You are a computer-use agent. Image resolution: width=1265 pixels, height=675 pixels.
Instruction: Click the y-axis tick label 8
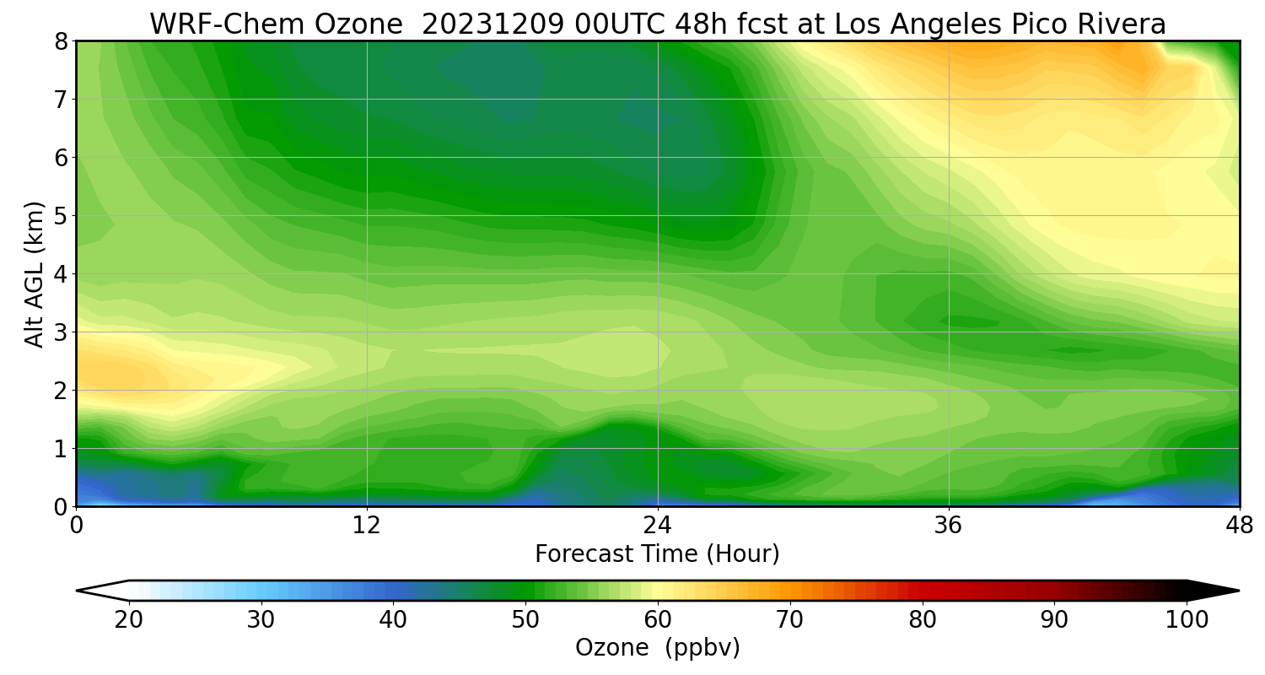click(61, 41)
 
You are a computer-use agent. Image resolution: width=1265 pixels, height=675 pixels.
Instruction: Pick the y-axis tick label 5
click(61, 216)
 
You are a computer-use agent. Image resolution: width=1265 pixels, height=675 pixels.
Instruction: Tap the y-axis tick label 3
click(61, 332)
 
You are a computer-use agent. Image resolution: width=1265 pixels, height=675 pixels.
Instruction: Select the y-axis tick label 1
click(61, 449)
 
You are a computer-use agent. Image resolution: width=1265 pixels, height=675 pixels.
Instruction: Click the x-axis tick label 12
click(367, 526)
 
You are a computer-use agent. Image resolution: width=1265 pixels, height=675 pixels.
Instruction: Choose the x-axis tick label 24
click(658, 526)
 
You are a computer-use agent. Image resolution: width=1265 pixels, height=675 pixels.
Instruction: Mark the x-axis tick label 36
click(949, 526)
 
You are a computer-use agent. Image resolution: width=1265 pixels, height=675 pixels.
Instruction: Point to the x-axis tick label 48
click(1240, 526)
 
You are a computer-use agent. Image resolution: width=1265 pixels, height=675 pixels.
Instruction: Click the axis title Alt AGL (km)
click(34, 274)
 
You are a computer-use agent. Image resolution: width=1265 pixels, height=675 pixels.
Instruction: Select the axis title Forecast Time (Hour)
click(657, 554)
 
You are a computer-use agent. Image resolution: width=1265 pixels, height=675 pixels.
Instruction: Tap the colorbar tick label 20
click(129, 620)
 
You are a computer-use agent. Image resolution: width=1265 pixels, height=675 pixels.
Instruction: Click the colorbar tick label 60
click(658, 620)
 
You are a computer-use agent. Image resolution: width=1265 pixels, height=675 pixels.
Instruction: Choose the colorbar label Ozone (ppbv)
click(657, 648)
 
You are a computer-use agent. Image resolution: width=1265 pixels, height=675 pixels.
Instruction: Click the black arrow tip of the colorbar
click(1240, 591)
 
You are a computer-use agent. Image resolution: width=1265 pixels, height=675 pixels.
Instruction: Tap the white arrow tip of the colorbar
click(77, 591)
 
